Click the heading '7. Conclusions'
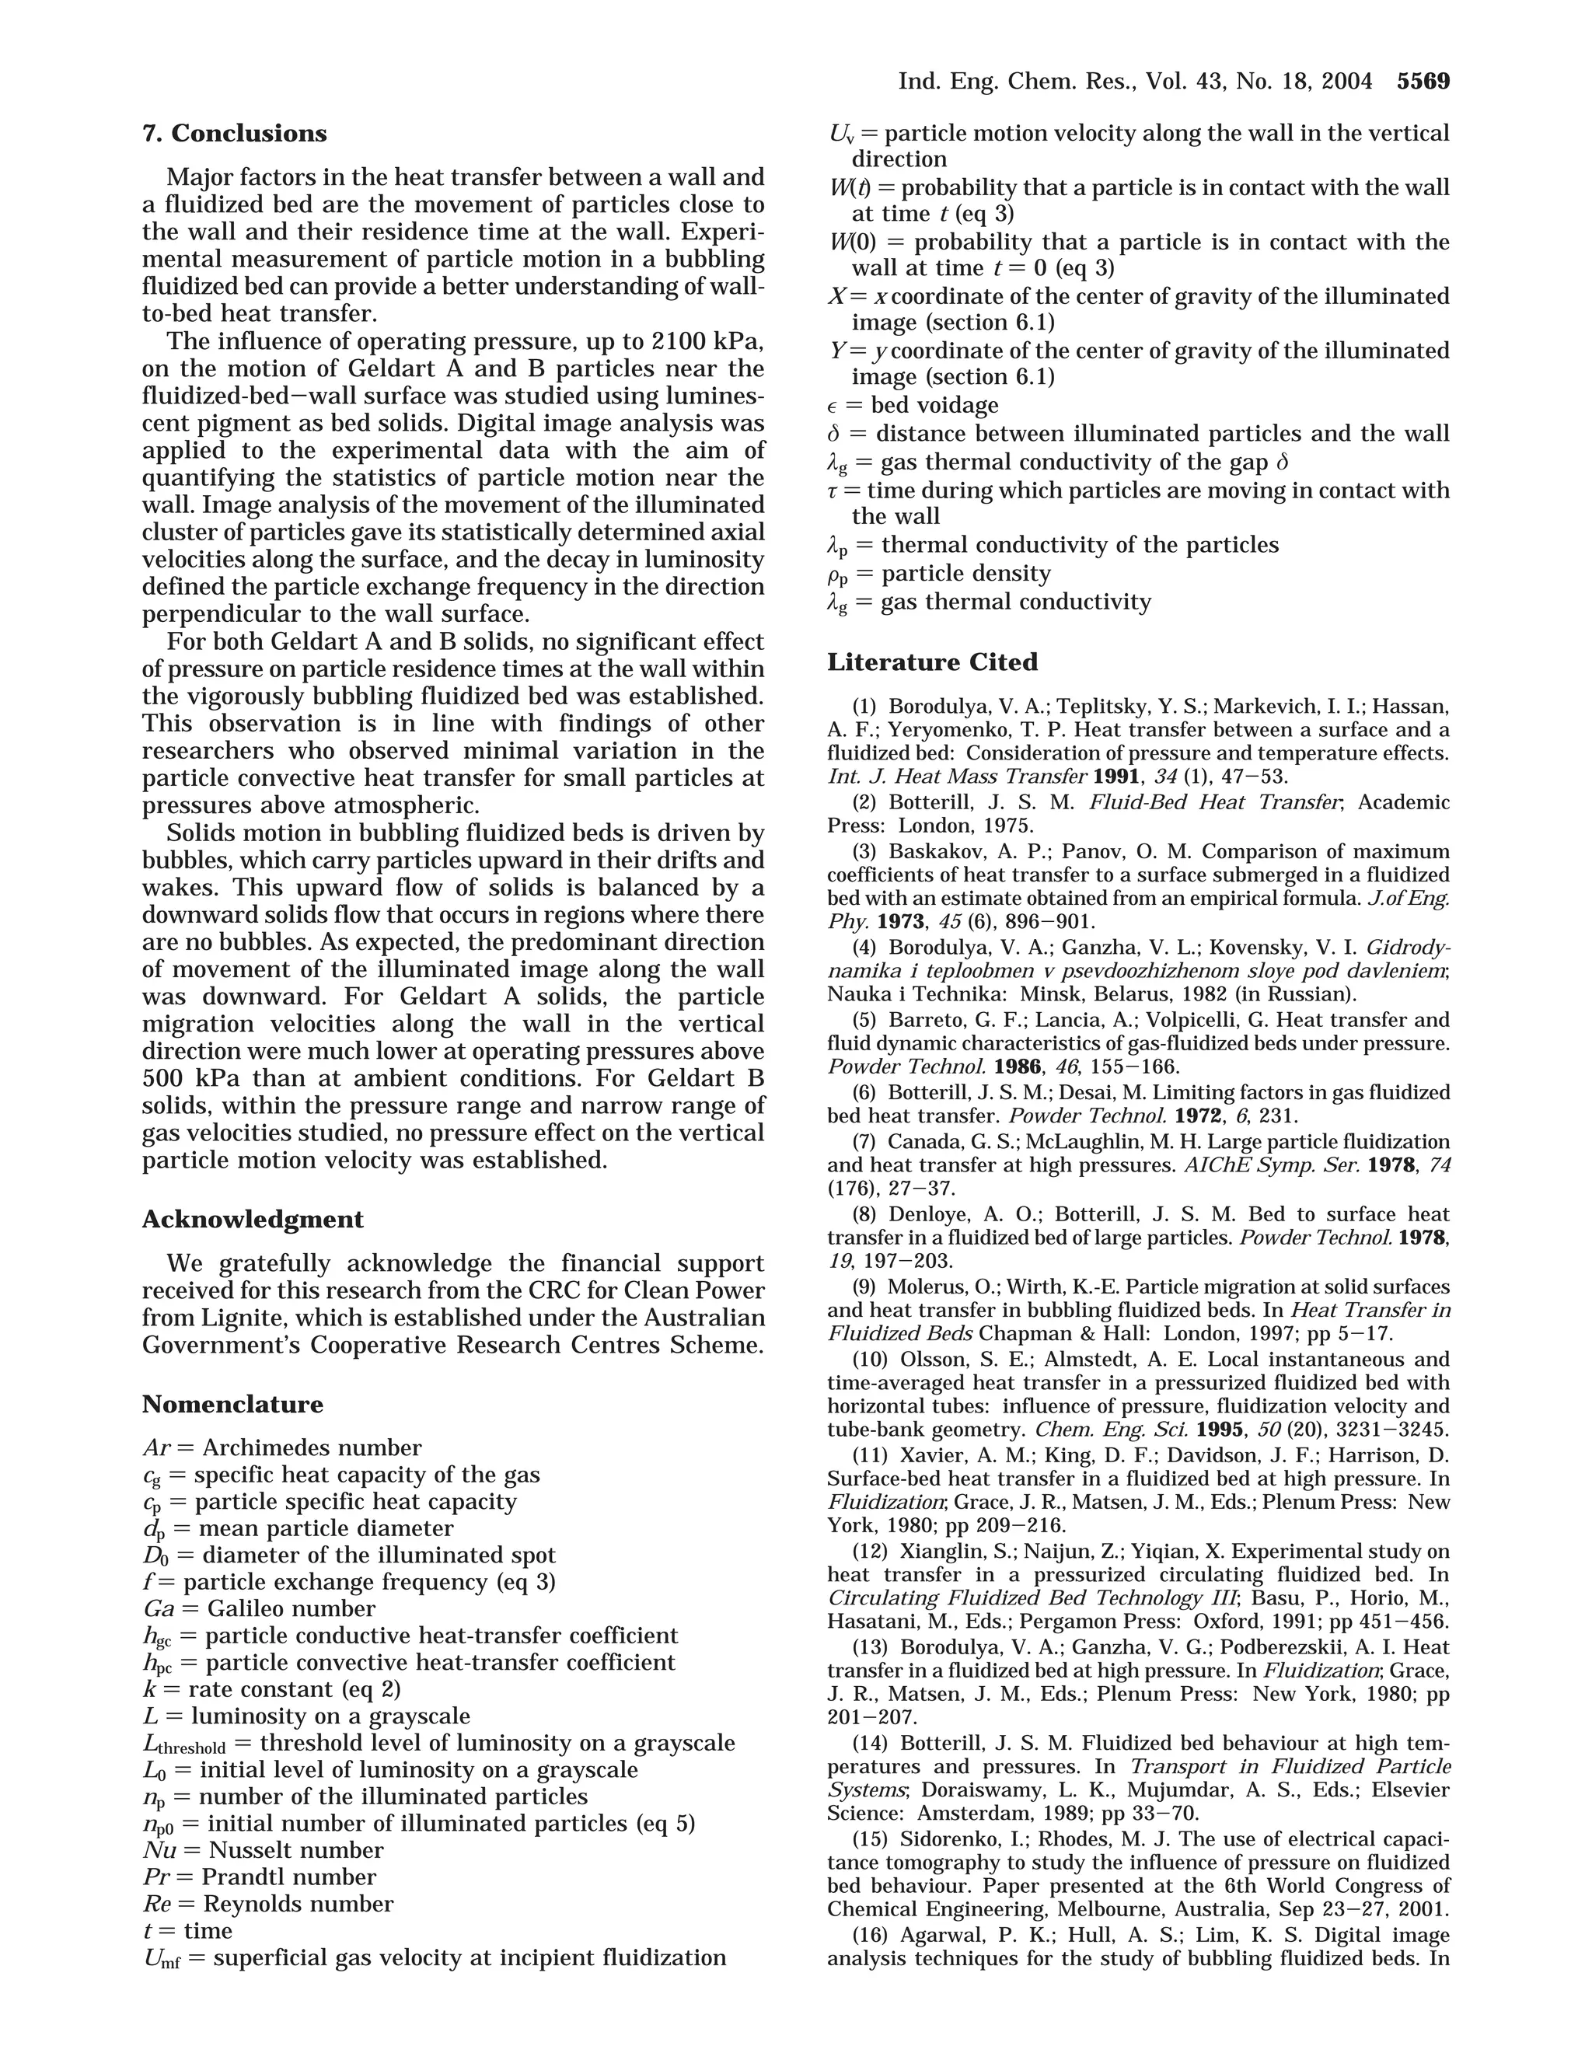234,134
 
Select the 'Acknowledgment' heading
252,1220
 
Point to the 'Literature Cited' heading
932,662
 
